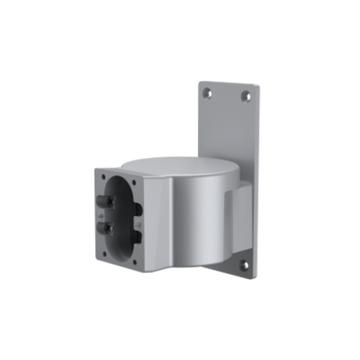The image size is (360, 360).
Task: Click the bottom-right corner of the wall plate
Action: (x=257, y=278)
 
